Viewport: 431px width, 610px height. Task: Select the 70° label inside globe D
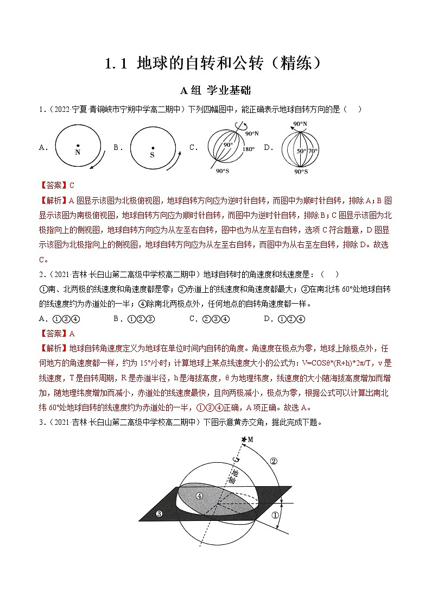313,150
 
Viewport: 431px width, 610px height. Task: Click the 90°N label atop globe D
300,124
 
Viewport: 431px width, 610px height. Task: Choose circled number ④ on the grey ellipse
200,495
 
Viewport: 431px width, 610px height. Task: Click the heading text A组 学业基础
215,90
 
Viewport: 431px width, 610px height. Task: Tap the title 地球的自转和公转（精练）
215,64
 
